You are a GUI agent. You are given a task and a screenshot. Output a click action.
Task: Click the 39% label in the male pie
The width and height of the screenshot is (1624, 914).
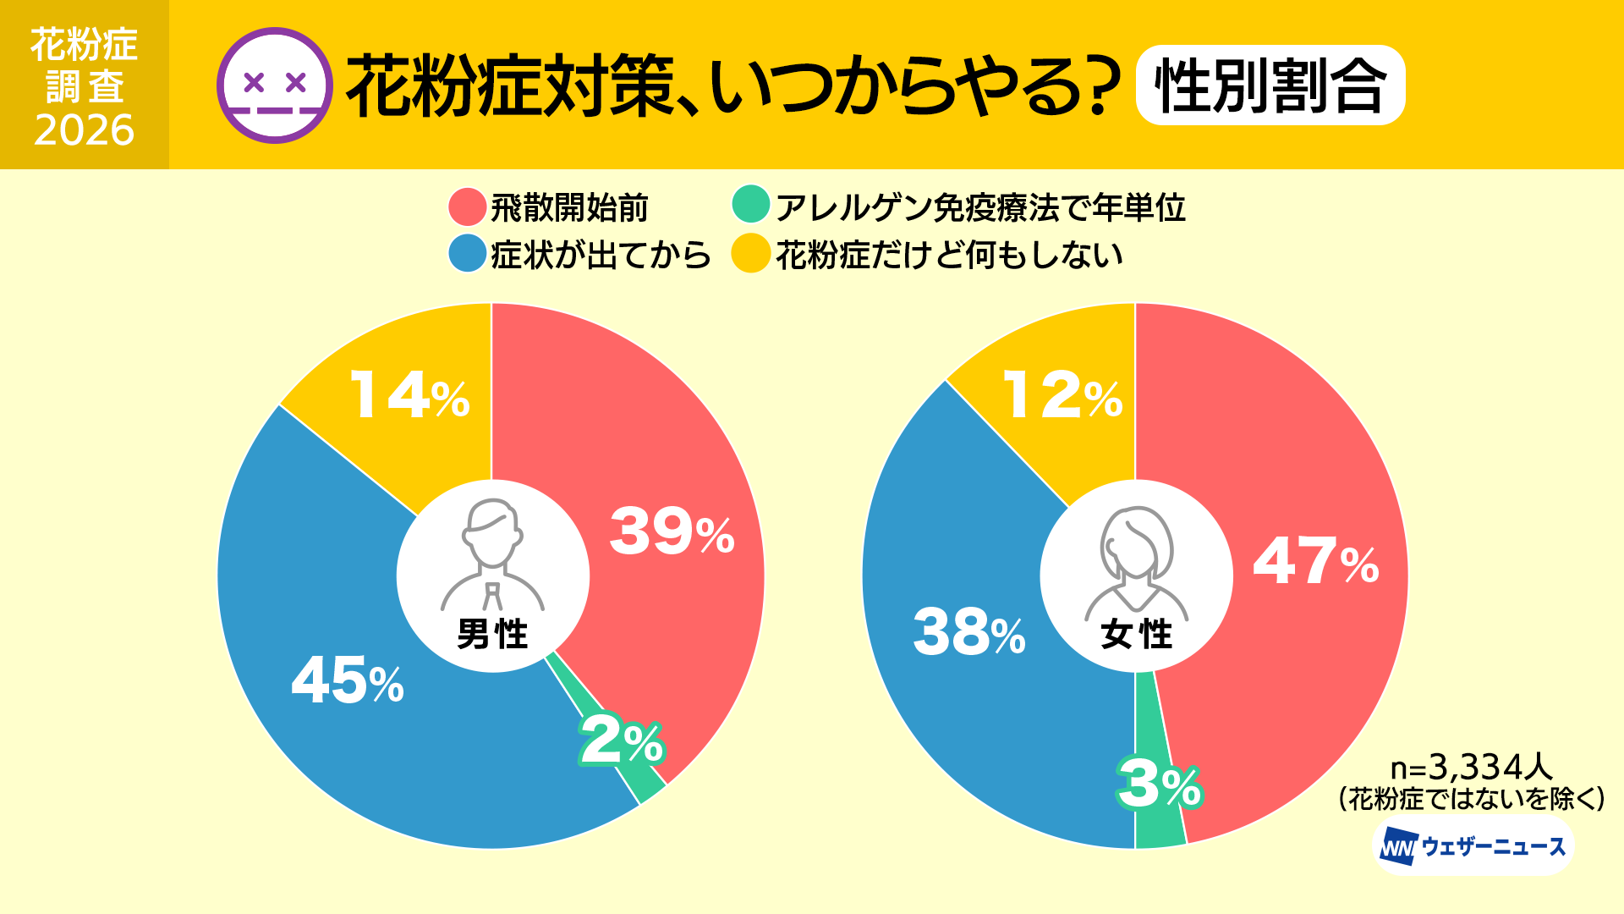[x=672, y=532]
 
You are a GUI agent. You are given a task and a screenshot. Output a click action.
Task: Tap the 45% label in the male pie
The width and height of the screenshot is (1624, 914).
[x=348, y=680]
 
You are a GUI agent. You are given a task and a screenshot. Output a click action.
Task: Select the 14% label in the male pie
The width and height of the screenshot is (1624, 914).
[x=409, y=395]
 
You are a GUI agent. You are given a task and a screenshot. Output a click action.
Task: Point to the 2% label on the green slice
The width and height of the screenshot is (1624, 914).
[x=622, y=741]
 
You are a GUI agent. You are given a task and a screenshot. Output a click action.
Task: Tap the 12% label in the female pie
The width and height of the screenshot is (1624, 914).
[x=1062, y=395]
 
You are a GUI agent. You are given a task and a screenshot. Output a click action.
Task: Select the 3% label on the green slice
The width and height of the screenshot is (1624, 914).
[x=1159, y=784]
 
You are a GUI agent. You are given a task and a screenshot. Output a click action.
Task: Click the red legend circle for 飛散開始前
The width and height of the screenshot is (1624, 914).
[x=467, y=207]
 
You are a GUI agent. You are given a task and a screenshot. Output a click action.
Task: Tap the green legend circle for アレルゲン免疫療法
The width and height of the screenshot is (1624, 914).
[x=750, y=204]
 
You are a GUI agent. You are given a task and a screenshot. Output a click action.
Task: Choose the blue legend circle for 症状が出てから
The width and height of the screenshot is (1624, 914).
[x=467, y=254]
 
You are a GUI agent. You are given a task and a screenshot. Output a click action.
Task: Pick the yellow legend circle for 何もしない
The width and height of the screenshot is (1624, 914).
[x=750, y=254]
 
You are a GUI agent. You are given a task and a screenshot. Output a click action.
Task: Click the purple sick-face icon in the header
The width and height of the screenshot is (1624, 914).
[x=274, y=85]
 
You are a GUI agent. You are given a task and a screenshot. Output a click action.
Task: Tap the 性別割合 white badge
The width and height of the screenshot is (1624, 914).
[x=1270, y=85]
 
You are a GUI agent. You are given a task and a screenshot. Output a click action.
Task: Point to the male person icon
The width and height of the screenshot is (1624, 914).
[x=492, y=554]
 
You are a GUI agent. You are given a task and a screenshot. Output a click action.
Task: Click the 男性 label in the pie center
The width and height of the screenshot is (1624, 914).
[x=492, y=634]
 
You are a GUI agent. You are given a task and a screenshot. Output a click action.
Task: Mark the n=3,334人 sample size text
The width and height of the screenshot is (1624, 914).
[x=1472, y=768]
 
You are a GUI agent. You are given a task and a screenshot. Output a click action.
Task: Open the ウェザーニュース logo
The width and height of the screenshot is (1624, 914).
[x=1472, y=846]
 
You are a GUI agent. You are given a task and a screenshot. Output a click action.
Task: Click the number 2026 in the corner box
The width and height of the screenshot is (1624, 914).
[x=85, y=130]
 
